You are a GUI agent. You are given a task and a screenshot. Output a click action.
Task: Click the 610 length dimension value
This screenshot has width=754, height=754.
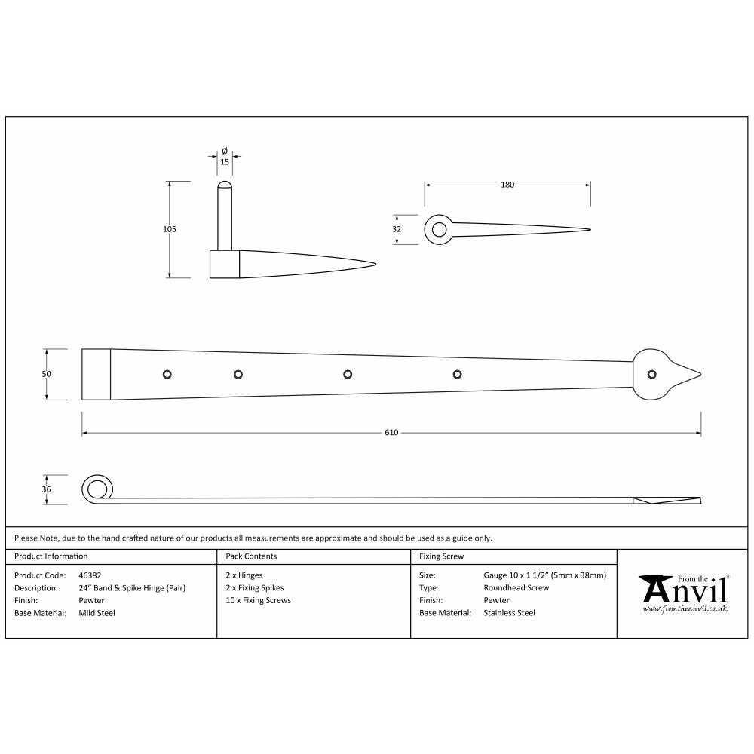pos(391,433)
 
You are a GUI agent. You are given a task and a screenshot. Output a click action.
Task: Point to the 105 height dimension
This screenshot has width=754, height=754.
pos(169,229)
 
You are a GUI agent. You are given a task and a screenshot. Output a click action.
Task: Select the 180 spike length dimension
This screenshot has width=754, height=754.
pos(507,185)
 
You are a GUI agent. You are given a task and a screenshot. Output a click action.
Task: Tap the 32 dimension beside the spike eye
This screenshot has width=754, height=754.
pos(397,229)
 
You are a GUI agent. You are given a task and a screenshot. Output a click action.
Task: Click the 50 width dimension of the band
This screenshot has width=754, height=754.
pos(46,374)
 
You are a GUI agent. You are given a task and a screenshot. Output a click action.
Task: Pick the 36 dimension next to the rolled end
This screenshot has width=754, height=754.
pos(46,489)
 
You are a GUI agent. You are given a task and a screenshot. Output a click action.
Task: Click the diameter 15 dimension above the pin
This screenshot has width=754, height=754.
pos(224,161)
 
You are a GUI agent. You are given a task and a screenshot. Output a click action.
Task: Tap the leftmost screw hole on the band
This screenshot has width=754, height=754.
pos(167,373)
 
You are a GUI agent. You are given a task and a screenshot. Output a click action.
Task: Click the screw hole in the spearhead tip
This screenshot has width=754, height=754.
pos(651,373)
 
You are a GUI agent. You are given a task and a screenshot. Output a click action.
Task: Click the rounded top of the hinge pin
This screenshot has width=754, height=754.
pos(224,185)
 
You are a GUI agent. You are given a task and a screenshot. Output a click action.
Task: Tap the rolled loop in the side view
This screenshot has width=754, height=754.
pos(96,489)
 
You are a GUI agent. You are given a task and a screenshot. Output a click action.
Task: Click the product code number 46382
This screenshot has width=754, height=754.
pos(90,575)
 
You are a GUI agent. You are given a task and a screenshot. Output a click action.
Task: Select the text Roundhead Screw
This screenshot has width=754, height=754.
pos(516,588)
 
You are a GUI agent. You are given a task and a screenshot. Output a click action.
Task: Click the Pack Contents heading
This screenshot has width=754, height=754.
pos(251,556)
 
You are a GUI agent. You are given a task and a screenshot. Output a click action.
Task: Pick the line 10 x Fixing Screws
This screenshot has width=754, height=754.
pos(258,601)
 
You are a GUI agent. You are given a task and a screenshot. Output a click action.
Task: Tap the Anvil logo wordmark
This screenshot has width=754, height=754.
pos(685,590)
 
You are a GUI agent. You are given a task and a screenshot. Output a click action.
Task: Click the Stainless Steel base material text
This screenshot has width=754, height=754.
pos(509,613)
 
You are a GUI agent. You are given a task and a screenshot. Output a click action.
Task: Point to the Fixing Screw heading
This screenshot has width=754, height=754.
pos(441,556)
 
